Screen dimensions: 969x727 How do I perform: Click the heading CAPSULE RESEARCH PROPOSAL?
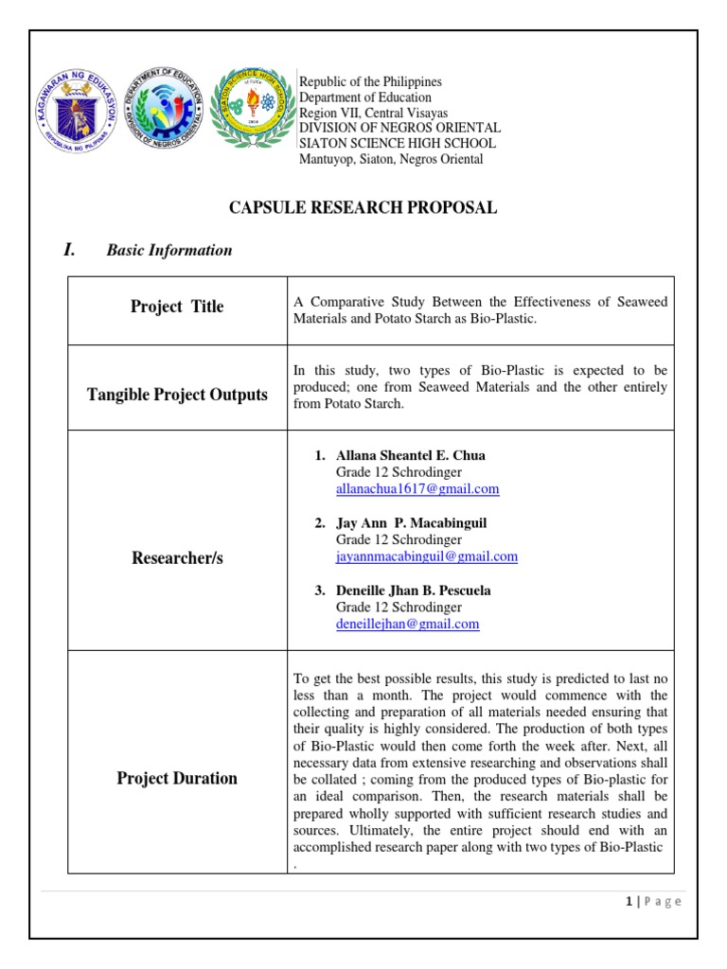[363, 208]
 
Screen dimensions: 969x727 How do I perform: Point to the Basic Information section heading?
[168, 251]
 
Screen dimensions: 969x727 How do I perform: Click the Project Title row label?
[177, 307]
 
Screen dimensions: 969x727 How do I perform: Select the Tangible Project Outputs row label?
[177, 395]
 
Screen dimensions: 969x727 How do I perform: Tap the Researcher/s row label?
[177, 558]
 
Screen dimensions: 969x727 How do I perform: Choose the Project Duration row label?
[177, 779]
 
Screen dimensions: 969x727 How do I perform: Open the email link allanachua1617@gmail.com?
[417, 489]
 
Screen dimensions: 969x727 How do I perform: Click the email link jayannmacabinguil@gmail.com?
[427, 556]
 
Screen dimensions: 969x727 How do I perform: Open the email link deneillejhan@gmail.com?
[408, 625]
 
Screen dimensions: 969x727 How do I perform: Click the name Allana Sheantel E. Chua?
[411, 455]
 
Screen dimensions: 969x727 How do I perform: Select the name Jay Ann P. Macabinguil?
[412, 522]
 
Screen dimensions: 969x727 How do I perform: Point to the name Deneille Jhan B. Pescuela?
[414, 590]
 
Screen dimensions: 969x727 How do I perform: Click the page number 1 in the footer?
[629, 902]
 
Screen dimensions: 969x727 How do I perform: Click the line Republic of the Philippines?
[371, 82]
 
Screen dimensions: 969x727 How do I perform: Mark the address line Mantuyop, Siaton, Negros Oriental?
[391, 159]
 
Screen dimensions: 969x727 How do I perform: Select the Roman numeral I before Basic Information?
[68, 250]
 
